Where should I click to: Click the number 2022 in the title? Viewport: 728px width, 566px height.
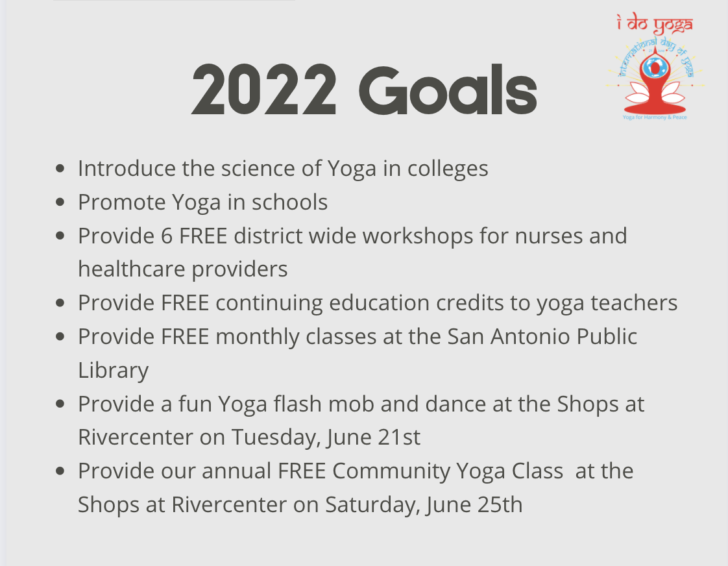[263, 90]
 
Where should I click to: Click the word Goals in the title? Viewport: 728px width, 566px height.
[448, 89]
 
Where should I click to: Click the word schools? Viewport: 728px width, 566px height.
[290, 203]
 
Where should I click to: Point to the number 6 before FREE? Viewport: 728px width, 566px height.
[167, 236]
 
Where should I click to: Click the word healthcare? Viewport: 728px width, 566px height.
[132, 269]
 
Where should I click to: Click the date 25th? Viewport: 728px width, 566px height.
[500, 505]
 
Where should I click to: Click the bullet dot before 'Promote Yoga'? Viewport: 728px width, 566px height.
[60, 202]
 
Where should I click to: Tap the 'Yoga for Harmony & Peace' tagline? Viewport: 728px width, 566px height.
[655, 117]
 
